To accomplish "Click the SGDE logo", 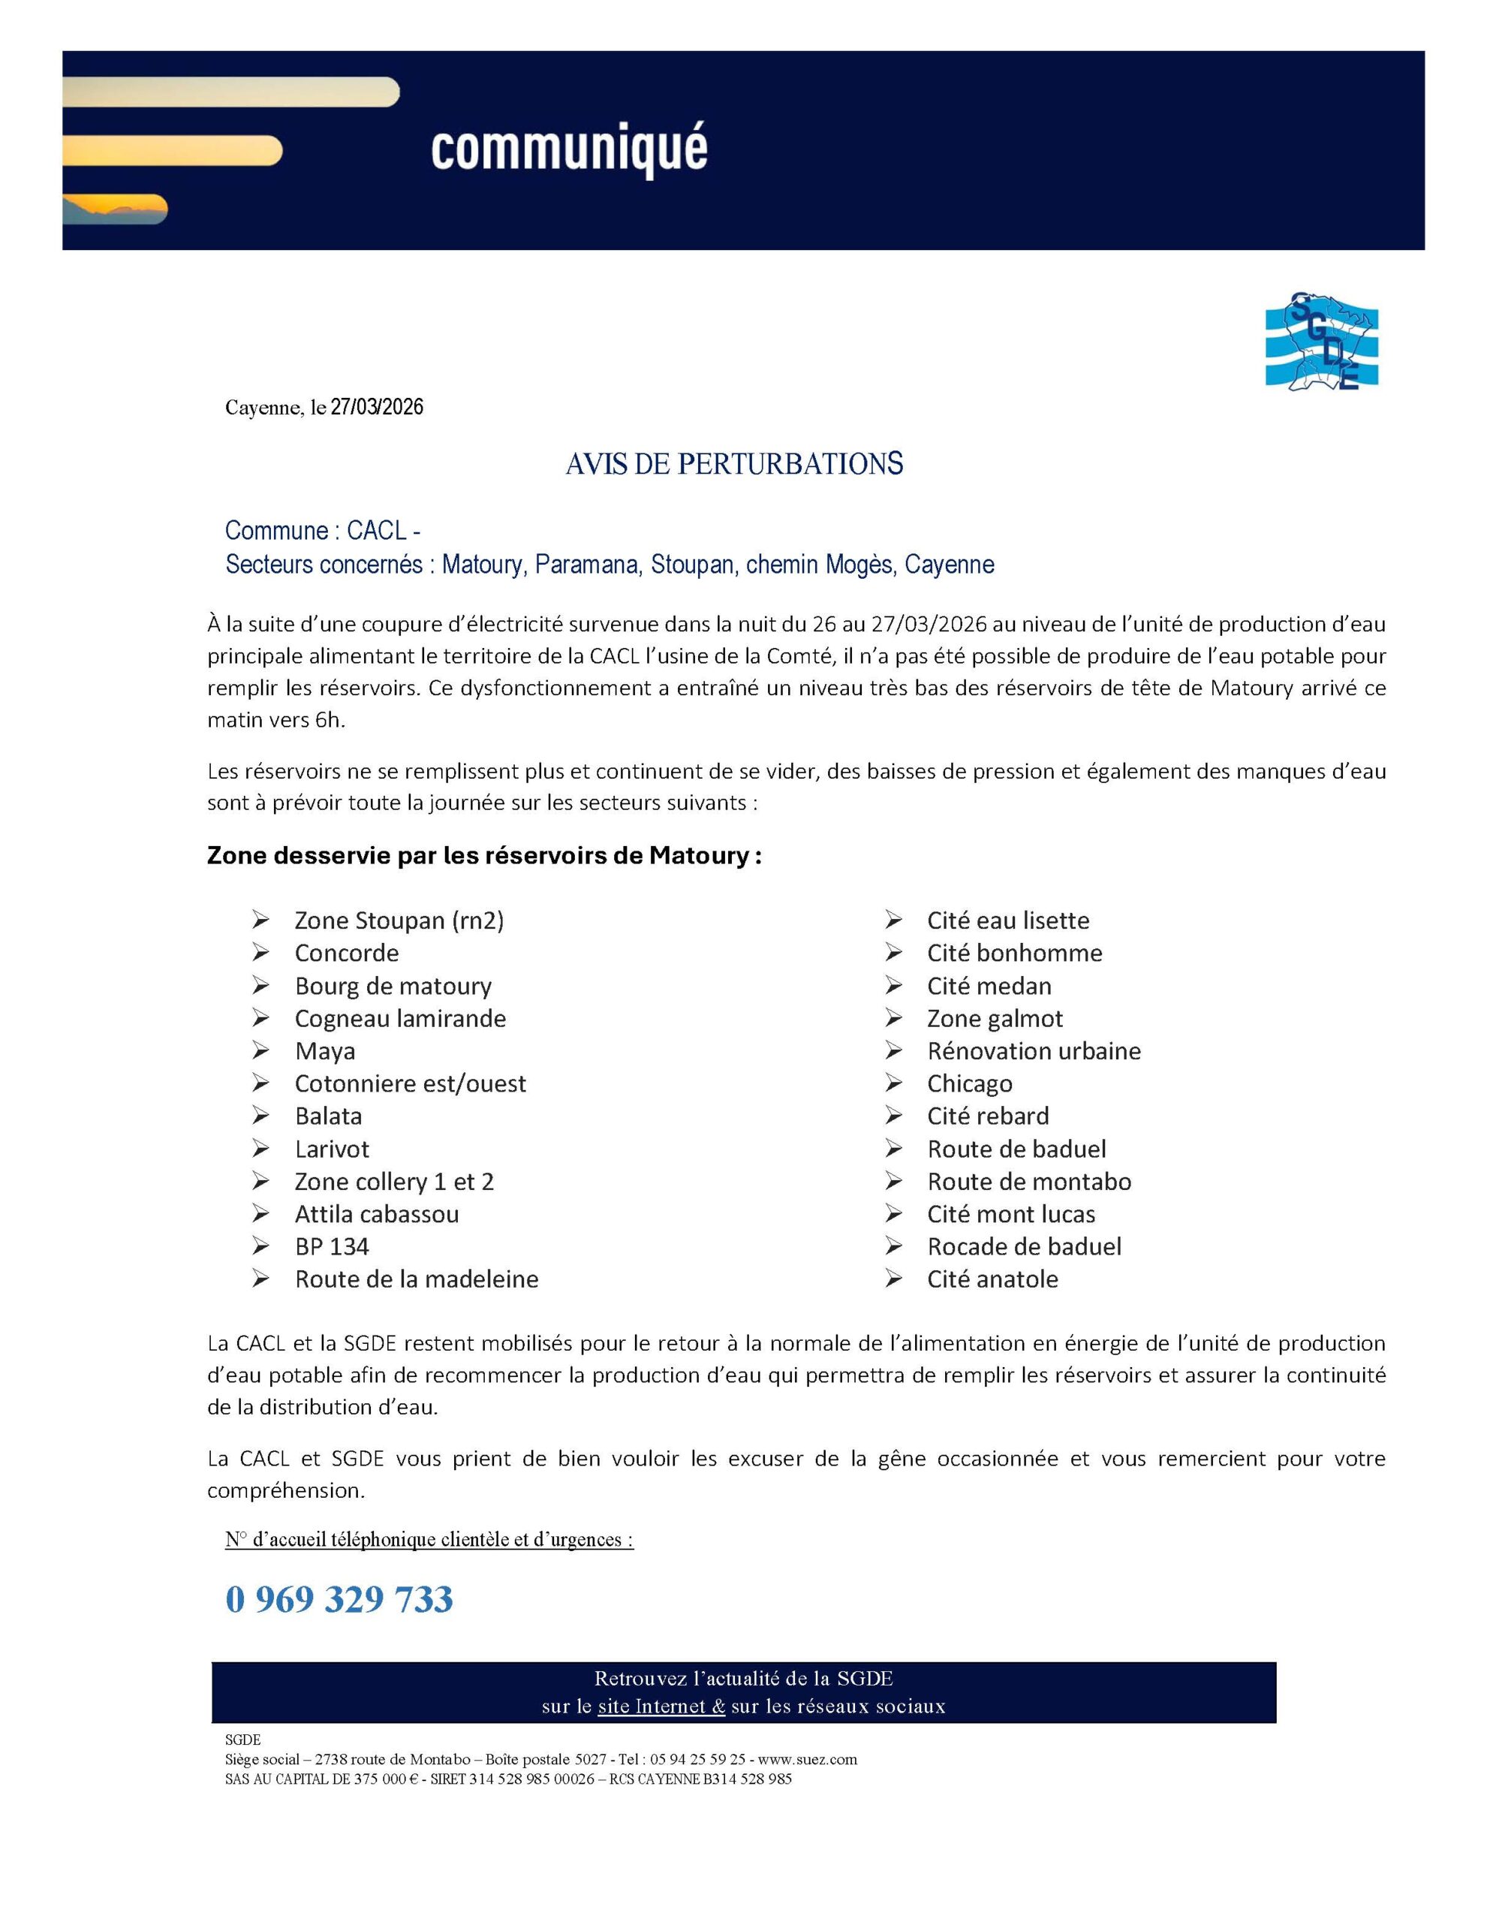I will click(x=1321, y=342).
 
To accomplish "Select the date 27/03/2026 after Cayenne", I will click(x=377, y=408).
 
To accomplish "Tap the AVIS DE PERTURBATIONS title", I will click(x=734, y=464).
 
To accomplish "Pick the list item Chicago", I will click(x=969, y=1083).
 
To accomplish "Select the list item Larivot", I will click(x=332, y=1149).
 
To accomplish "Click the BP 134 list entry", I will click(x=332, y=1246).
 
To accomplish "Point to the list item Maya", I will click(x=325, y=1051).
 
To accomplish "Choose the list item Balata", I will click(x=328, y=1116).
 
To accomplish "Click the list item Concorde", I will click(x=347, y=953).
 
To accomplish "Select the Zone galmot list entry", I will click(x=995, y=1018).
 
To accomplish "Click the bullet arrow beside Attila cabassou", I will click(x=260, y=1213).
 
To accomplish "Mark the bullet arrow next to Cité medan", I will click(x=893, y=986).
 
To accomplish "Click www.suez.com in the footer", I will click(x=807, y=1759).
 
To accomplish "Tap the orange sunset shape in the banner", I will click(x=114, y=209).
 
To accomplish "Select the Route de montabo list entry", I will click(x=1029, y=1181).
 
